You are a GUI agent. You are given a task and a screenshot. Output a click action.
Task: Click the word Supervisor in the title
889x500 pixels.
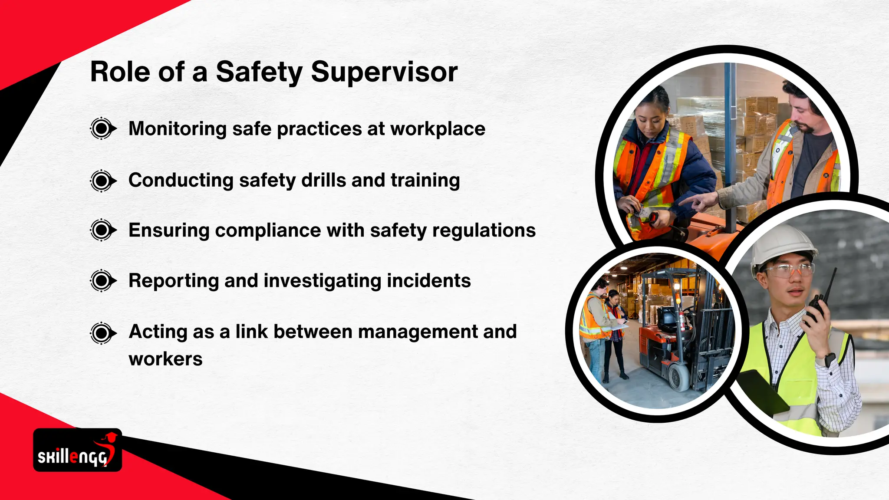[x=384, y=72]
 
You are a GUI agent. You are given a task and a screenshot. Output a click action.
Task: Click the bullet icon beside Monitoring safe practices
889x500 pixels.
[x=102, y=128]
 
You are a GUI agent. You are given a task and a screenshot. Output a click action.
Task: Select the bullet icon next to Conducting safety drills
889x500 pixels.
[x=102, y=181]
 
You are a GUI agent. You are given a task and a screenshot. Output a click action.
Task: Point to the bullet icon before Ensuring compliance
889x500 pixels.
[x=102, y=230]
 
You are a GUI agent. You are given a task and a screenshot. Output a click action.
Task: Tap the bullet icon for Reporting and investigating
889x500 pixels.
[x=102, y=281]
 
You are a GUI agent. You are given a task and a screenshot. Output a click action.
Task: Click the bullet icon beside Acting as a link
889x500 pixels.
[x=102, y=333]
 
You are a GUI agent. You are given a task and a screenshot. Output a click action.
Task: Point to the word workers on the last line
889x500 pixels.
[x=165, y=359]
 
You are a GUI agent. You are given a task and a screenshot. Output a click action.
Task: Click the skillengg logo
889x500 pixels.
[x=77, y=451]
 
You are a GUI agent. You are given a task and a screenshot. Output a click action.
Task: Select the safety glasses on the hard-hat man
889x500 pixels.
[x=788, y=271]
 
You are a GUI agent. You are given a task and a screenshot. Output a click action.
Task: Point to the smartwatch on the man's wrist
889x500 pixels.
[x=829, y=360]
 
